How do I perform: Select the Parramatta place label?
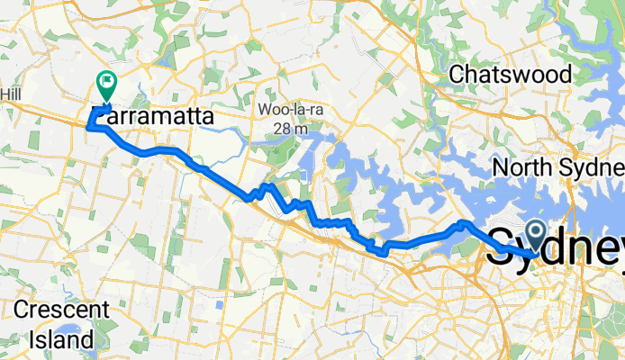tap(153, 118)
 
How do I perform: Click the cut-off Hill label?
tap(11, 94)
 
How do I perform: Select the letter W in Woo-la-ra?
tap(265, 110)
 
